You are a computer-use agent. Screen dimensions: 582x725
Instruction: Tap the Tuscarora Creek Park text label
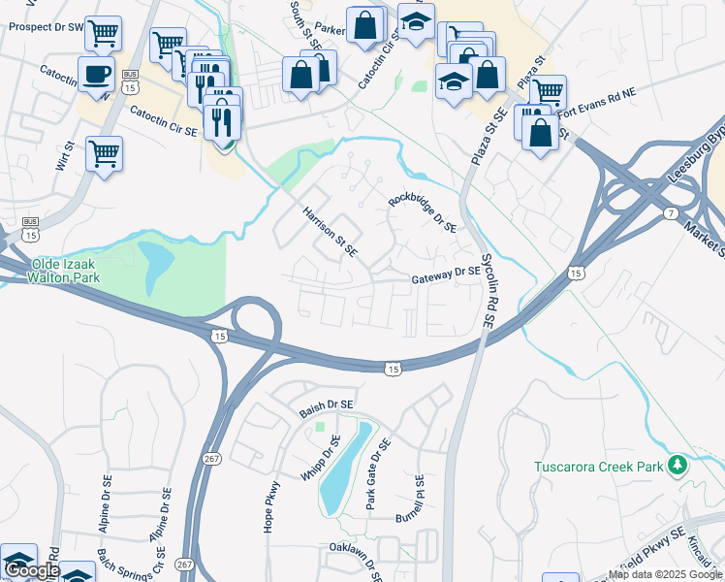point(599,467)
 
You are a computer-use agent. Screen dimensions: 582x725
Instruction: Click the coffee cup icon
point(96,74)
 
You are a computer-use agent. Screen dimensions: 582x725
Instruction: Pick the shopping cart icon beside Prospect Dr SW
point(103,33)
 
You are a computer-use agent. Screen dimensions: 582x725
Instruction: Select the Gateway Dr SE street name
point(446,275)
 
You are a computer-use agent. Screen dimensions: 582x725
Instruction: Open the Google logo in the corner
point(32,570)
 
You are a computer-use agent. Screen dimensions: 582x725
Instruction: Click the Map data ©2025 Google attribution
point(665,574)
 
